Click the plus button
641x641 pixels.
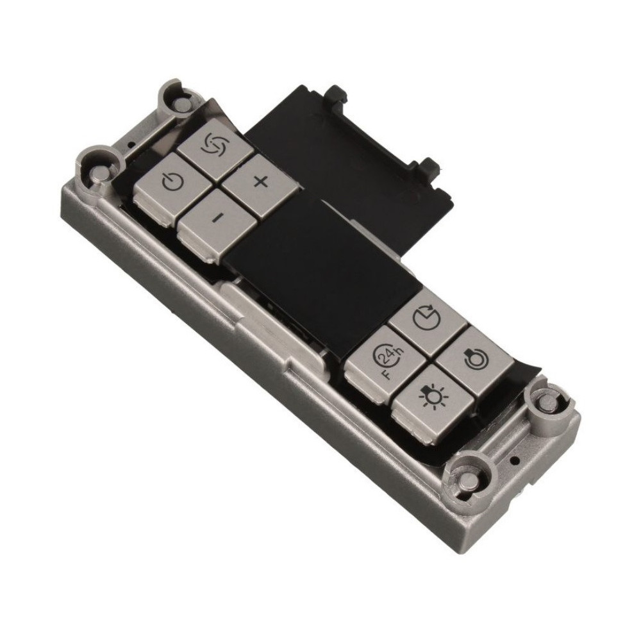point(259,182)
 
